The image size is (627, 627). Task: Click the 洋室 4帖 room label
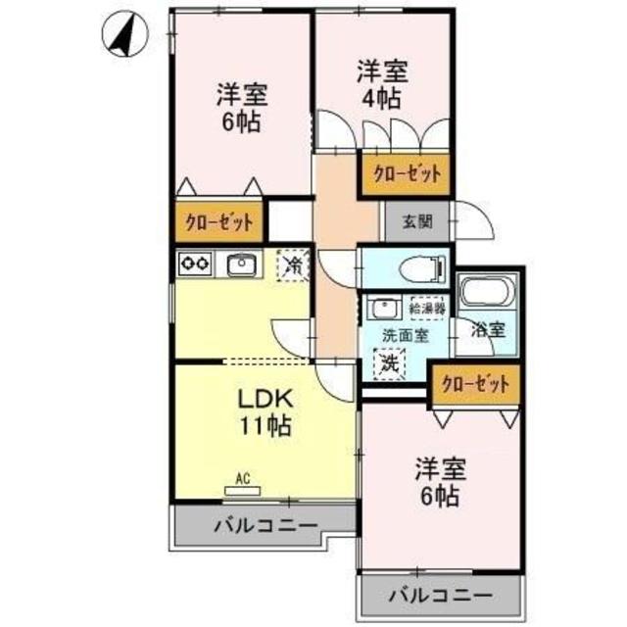pyautogui.click(x=382, y=85)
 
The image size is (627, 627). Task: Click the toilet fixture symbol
pyautogui.click(x=427, y=266)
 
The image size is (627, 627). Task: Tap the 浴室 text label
pyautogui.click(x=491, y=330)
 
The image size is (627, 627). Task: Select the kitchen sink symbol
pyautogui.click(x=241, y=263)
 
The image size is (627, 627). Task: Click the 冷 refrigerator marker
pyautogui.click(x=292, y=263)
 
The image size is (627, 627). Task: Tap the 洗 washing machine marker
pyautogui.click(x=390, y=362)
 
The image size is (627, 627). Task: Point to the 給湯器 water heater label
pyautogui.click(x=427, y=308)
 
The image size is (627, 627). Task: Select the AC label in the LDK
pyautogui.click(x=244, y=480)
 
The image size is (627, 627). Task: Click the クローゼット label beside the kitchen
pyautogui.click(x=220, y=222)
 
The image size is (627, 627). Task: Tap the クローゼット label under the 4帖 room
pyautogui.click(x=406, y=173)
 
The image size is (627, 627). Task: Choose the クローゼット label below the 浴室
pyautogui.click(x=475, y=384)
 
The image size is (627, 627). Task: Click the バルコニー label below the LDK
pyautogui.click(x=265, y=526)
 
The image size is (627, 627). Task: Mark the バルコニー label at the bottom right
pyautogui.click(x=438, y=594)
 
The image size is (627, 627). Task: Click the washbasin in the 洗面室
pyautogui.click(x=381, y=307)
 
